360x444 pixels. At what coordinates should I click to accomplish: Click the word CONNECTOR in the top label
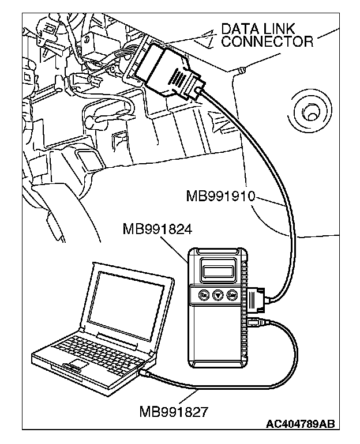tap(267, 41)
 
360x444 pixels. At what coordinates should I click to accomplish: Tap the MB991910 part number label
tap(220, 197)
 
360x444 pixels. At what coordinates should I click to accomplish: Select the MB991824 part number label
tap(157, 229)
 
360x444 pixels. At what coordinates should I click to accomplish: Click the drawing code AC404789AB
tap(299, 425)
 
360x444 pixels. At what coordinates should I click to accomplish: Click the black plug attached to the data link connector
tap(167, 69)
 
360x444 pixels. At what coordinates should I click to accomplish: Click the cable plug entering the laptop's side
tap(148, 373)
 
